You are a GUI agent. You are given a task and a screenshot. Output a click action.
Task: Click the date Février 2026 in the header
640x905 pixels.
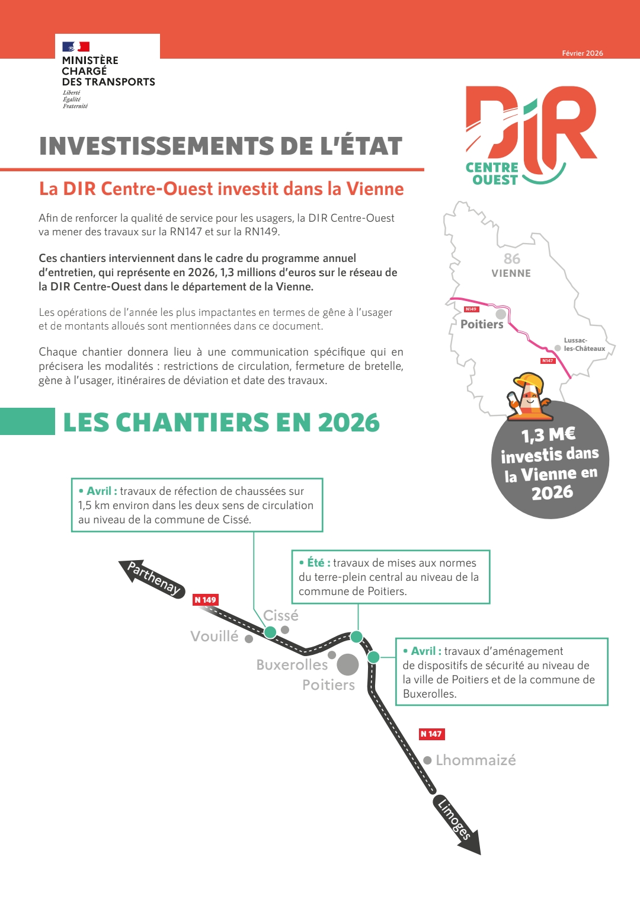pos(582,53)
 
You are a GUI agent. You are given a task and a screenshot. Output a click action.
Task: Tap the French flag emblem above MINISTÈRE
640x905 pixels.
pos(76,46)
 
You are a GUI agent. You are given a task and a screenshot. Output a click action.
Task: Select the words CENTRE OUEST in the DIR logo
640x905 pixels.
pos(492,174)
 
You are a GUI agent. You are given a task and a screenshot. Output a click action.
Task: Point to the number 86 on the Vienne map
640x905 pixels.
pos(512,259)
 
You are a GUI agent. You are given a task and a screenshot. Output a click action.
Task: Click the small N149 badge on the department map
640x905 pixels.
pos(471,309)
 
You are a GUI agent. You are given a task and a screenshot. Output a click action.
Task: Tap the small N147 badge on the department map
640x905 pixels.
pos(548,360)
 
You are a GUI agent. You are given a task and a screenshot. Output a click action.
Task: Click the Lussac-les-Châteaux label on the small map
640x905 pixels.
pos(584,344)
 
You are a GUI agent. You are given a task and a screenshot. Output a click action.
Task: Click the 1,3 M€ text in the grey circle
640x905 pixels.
pos(548,434)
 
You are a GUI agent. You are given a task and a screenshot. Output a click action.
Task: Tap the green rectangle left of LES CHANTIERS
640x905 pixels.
pos(27,421)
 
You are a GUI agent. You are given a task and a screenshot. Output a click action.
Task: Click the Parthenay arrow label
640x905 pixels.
pos(153,578)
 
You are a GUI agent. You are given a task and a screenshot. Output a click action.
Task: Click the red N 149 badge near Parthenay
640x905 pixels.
pos(206,600)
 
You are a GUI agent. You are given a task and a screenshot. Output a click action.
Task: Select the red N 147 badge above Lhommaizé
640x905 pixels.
pos(431,734)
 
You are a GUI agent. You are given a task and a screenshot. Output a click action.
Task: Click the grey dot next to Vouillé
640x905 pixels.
pos(249,639)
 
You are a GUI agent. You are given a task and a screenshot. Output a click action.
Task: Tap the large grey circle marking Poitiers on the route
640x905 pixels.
pos(348,664)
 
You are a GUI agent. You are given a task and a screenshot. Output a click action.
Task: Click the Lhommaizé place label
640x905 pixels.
pos(475,760)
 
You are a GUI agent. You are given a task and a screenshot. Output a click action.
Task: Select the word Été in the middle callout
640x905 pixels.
pos(315,562)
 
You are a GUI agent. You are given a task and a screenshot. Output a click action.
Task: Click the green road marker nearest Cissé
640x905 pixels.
pos(270,632)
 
